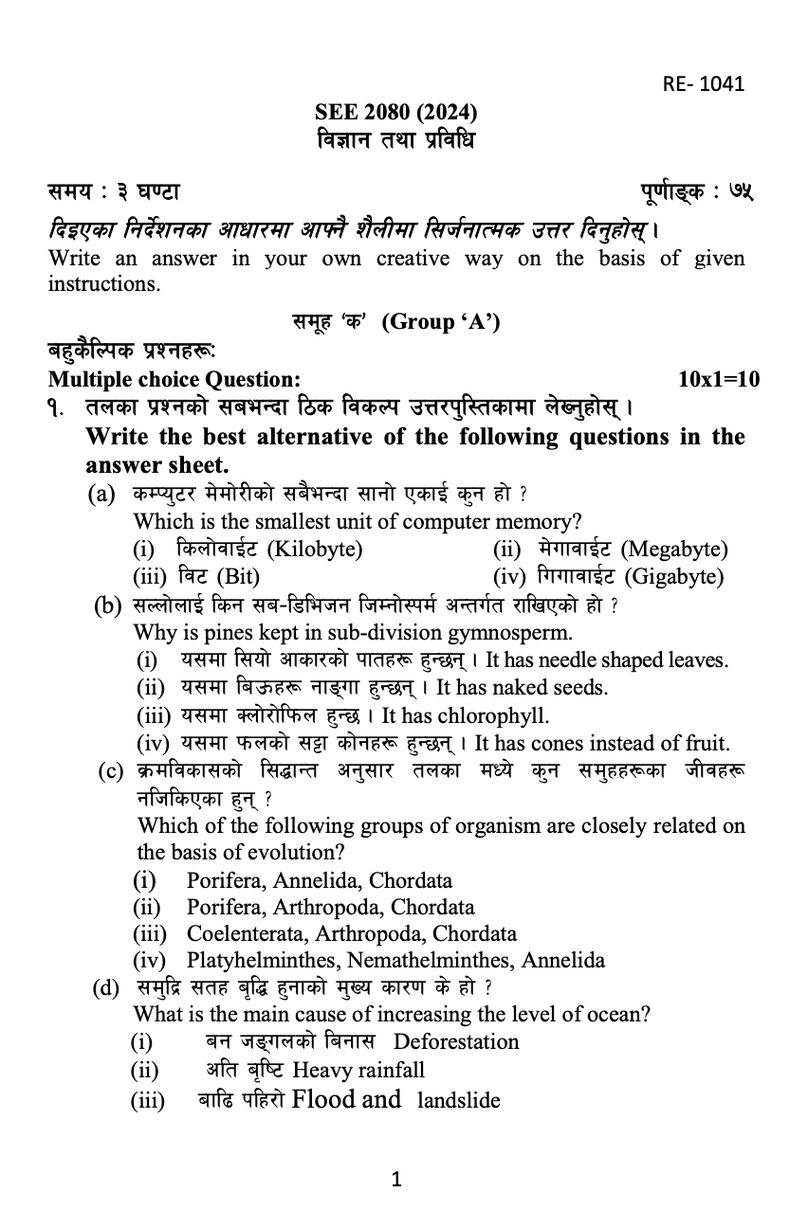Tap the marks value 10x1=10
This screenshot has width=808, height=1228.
pos(720,380)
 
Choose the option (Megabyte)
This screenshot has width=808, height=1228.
pos(674,549)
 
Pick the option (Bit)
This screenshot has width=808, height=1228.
pos(238,576)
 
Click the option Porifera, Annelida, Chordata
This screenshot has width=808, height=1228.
pos(320,880)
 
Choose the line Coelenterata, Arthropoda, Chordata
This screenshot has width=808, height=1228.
pos(352,933)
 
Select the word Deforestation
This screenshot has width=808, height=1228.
pos(456,1041)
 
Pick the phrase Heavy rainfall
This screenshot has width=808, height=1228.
pos(358,1070)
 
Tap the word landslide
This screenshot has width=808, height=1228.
pos(458,1100)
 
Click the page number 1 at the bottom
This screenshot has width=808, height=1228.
pos(397,1180)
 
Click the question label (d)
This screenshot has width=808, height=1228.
pos(105,988)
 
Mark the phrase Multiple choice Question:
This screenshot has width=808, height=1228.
pos(174,380)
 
